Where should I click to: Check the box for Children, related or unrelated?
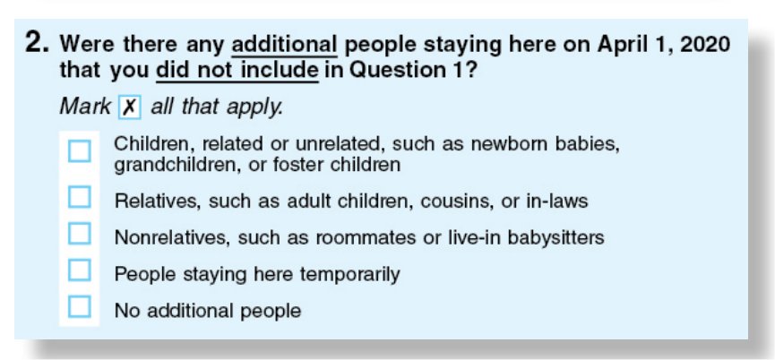tap(80, 151)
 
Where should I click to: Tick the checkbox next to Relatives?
tap(80, 197)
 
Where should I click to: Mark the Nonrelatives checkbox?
tap(80, 234)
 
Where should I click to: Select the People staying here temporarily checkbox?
tap(80, 270)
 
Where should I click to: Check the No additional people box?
tap(80, 306)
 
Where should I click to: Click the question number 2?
tap(37, 44)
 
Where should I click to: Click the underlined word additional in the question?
tap(284, 45)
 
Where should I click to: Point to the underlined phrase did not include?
tap(237, 71)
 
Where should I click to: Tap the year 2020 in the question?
tap(705, 45)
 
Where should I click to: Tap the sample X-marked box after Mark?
tap(130, 107)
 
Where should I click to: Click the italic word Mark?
tap(85, 107)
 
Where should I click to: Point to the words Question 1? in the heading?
tap(413, 71)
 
